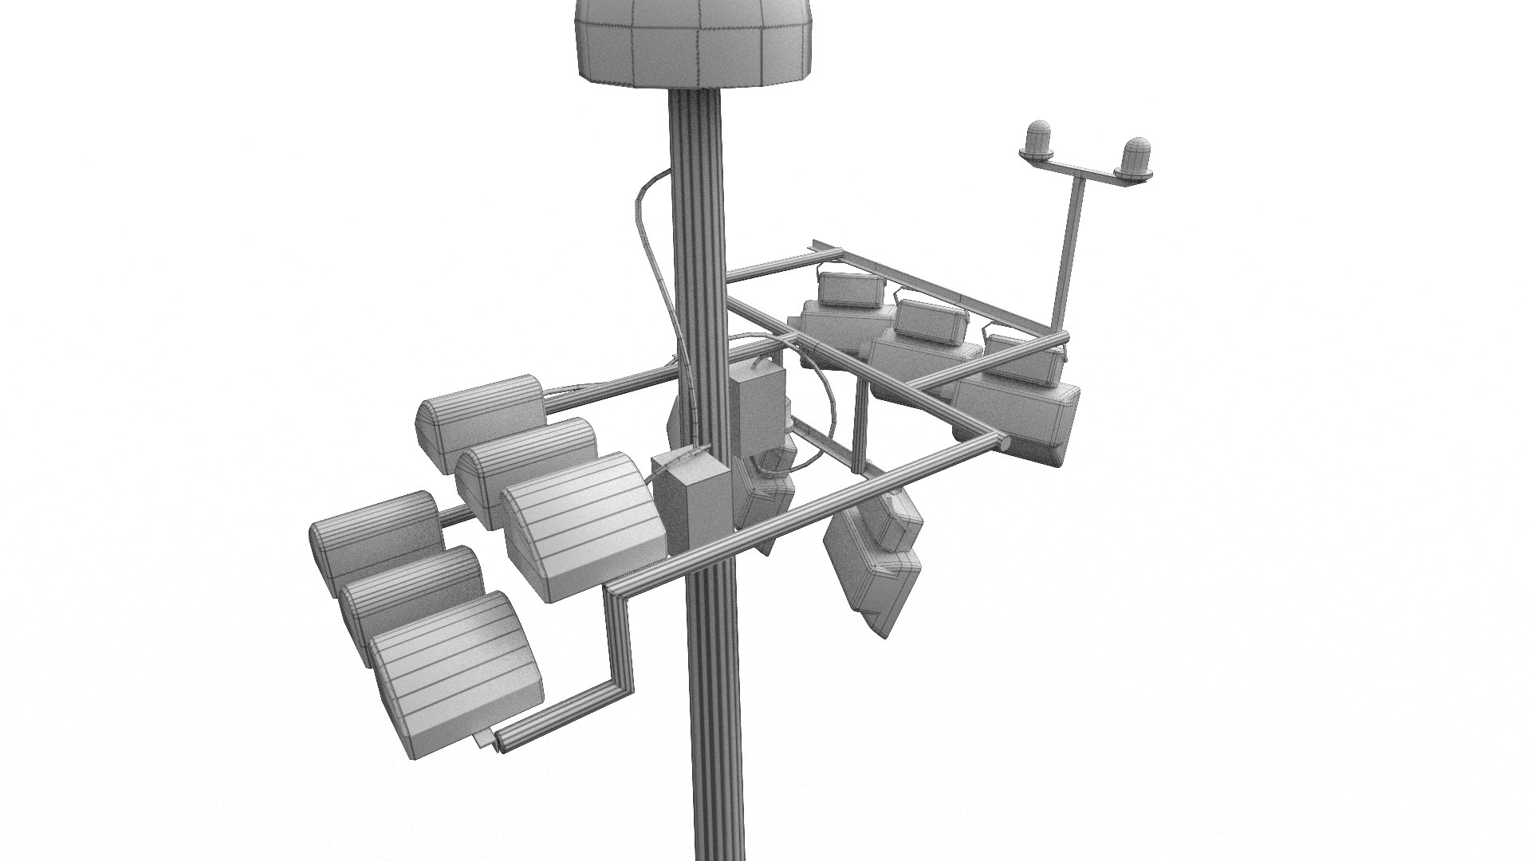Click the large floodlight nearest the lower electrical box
582,526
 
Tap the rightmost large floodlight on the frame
1021,415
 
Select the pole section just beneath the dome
695,159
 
